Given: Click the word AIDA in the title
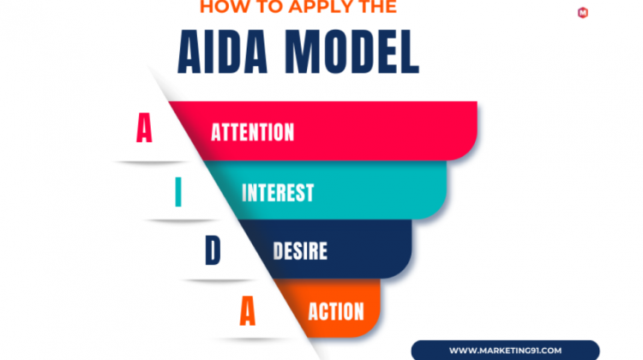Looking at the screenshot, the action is (223, 52).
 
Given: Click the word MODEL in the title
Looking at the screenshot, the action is (352, 52).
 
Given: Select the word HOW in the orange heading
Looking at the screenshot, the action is (220, 6).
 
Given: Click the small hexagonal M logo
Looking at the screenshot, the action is (583, 13).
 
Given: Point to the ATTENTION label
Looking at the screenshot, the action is (253, 133).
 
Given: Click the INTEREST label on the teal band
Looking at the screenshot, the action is (278, 193).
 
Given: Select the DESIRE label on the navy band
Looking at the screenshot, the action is (300, 251).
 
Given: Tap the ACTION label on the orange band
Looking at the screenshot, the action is (336, 312).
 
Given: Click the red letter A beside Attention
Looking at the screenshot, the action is (144, 128).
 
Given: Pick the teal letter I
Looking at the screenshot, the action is (178, 191).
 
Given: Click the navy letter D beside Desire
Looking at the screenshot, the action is (213, 249).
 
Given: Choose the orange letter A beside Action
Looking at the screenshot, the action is (247, 311).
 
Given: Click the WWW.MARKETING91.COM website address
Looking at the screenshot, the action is (505, 351).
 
